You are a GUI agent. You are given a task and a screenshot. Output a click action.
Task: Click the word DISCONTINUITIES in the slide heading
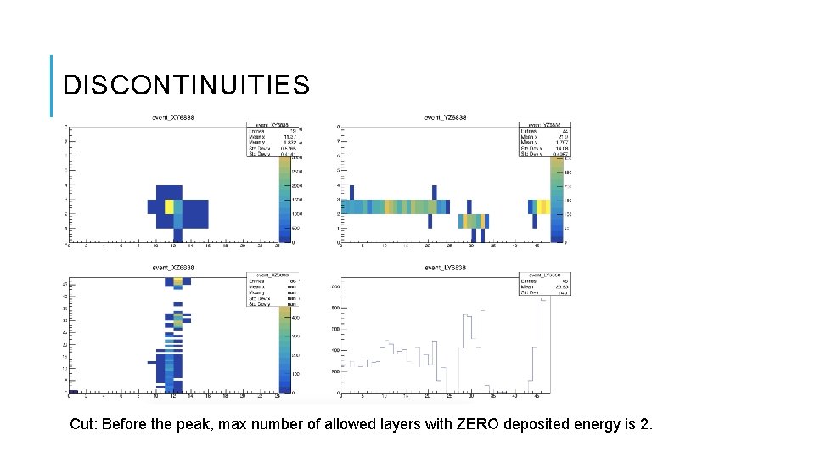coord(187,85)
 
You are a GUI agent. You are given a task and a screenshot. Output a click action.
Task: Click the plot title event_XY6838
coord(173,117)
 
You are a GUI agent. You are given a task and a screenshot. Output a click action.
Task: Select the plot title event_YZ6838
coord(445,117)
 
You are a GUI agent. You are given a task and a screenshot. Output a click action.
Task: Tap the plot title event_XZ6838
coord(173,268)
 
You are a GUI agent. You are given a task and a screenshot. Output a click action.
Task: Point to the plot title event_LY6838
coord(445,268)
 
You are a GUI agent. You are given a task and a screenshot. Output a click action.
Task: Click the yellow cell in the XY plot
coord(169,207)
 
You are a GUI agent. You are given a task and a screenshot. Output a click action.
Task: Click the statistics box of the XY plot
coord(273,138)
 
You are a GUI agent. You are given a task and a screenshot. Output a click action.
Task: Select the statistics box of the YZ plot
coord(544,138)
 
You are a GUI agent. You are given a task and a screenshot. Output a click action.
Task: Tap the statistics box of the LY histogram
coord(544,283)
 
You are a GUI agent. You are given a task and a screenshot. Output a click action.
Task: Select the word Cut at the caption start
coord(82,424)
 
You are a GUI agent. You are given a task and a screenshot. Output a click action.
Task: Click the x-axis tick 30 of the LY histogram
coord(471,397)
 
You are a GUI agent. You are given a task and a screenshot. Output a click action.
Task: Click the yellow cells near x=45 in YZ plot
coord(541,207)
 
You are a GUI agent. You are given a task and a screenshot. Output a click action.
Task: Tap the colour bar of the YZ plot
coord(555,200)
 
